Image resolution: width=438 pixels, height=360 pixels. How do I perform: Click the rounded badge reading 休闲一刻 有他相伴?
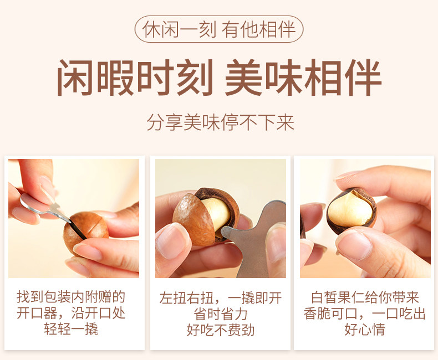219,29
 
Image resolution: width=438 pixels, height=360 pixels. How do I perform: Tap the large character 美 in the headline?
243,78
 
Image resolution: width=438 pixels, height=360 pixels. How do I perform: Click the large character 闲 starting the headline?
75,78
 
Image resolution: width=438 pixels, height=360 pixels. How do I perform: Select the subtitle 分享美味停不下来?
221,122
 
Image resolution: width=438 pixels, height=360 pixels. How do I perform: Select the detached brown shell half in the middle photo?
193,220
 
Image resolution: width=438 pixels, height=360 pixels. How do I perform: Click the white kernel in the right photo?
351,209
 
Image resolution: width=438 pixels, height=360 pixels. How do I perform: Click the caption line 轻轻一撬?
71,329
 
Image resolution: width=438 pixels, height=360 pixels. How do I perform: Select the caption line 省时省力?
221,314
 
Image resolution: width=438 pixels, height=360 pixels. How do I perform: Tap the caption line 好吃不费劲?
221,330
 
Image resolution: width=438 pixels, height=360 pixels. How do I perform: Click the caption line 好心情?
364,330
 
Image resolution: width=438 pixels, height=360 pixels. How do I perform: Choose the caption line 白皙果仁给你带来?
364,297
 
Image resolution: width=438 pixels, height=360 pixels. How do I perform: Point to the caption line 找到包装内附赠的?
71,297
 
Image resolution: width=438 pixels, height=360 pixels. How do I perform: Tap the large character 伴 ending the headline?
363,78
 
